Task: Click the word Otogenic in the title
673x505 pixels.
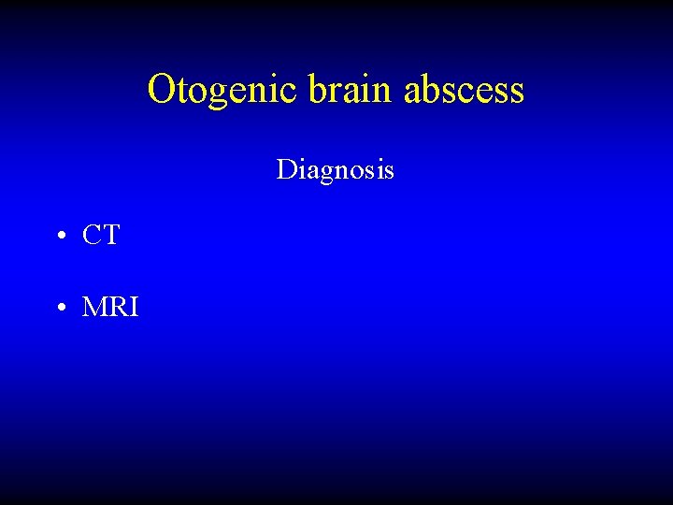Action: pyautogui.click(x=222, y=90)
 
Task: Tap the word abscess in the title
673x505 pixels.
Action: pyautogui.click(x=465, y=90)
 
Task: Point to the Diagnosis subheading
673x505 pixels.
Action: pyautogui.click(x=335, y=170)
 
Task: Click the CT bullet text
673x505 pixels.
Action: pyautogui.click(x=101, y=236)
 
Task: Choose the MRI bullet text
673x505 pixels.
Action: pyautogui.click(x=110, y=306)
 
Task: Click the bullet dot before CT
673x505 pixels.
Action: pyautogui.click(x=59, y=237)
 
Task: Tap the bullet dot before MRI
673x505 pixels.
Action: pyautogui.click(x=59, y=307)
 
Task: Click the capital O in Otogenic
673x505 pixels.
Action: pyautogui.click(x=162, y=90)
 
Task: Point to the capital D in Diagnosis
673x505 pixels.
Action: pyautogui.click(x=285, y=170)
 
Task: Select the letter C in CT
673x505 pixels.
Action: pyautogui.click(x=92, y=236)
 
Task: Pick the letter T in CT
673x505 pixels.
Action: pyautogui.click(x=110, y=236)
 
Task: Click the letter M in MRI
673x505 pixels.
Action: pyautogui.click(x=95, y=306)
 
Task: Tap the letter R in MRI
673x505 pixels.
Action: pyautogui.click(x=118, y=306)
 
